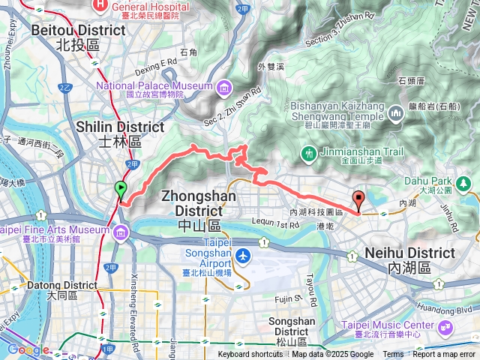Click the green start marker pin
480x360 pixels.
(120, 190)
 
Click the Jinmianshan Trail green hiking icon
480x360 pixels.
(308, 154)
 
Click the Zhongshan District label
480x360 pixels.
(199, 202)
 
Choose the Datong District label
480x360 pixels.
(62, 291)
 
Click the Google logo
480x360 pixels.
(28, 349)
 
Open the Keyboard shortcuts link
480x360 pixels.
(250, 355)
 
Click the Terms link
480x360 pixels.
(393, 355)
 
